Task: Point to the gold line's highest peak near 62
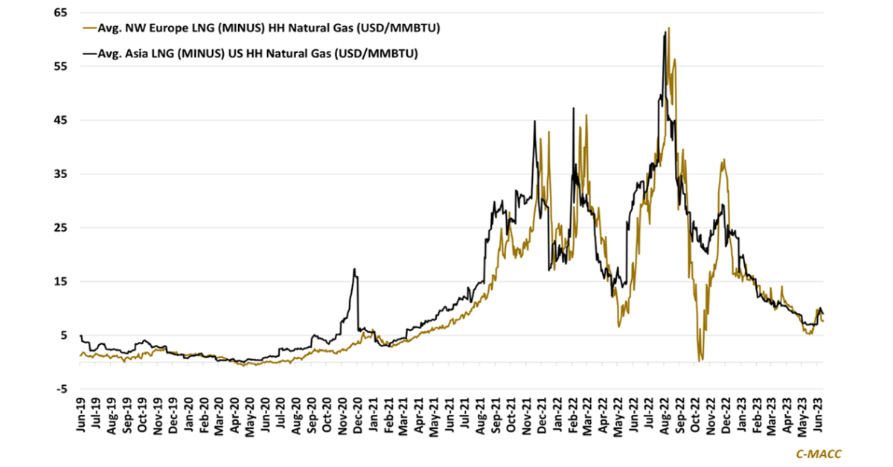669,28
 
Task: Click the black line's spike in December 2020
356,270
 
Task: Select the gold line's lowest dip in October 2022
700,360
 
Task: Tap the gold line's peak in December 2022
723,159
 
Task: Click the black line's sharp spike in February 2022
573,109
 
